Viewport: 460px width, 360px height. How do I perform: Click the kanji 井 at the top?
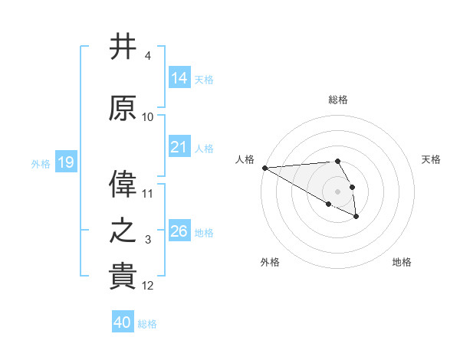123,47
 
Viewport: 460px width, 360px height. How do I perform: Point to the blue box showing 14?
179,78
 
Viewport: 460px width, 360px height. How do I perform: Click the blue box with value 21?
179,148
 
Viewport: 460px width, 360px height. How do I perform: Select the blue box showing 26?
179,231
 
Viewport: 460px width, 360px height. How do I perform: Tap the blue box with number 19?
65,162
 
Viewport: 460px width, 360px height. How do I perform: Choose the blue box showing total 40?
123,322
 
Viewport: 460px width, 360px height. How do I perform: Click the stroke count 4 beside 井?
148,57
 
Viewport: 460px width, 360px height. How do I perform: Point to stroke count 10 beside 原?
148,117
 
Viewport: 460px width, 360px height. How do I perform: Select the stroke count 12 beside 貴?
148,286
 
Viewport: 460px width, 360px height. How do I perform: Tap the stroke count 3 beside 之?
148,241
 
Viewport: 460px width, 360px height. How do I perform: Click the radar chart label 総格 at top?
337,100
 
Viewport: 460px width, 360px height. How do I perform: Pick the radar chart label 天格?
432,159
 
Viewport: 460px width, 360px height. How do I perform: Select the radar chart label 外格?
270,263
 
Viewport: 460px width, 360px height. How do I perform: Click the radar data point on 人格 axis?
264,168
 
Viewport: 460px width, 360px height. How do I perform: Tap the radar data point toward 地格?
356,218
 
